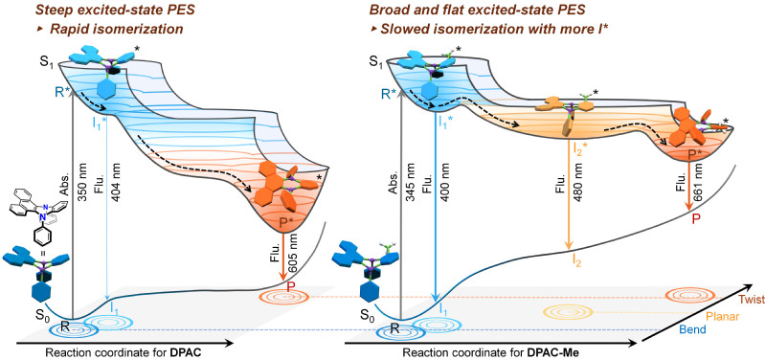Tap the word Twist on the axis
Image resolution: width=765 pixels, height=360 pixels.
coord(752,300)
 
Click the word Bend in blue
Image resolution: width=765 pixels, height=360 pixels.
coord(693,330)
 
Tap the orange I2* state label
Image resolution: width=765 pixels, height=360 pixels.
coord(579,146)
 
